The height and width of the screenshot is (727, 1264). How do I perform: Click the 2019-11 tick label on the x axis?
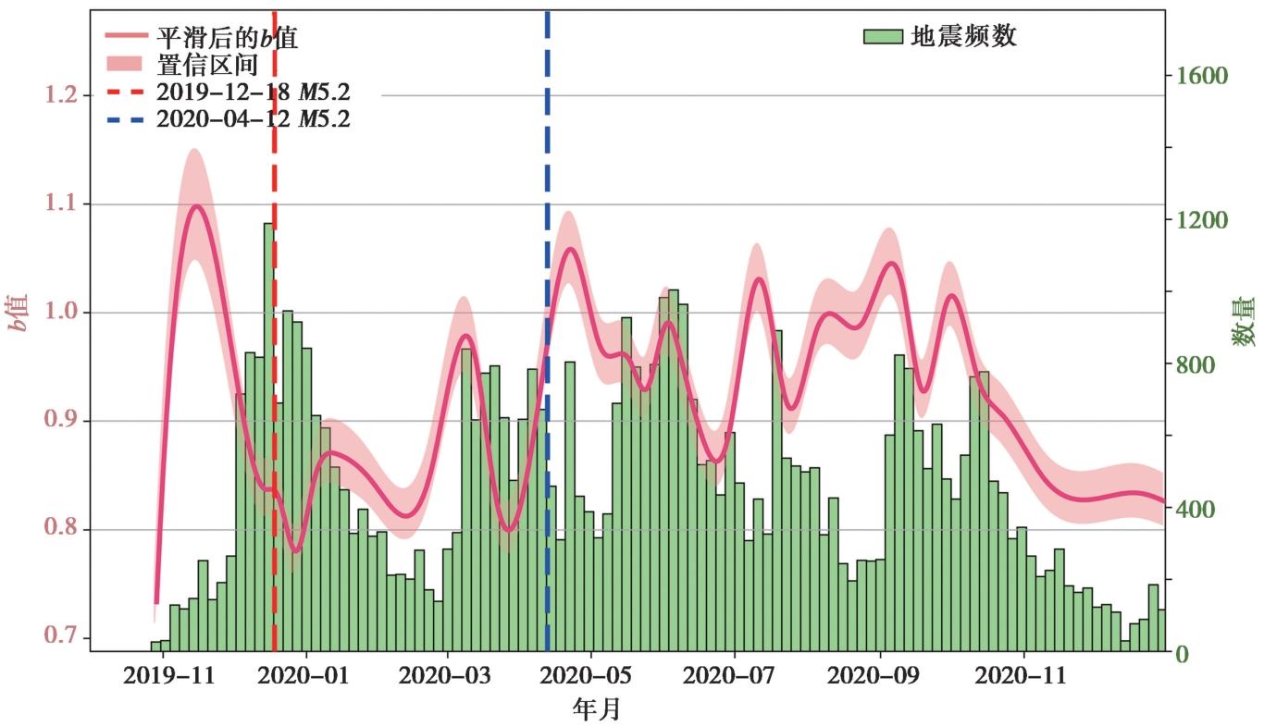168,675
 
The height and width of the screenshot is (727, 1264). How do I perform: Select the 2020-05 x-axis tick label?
585,675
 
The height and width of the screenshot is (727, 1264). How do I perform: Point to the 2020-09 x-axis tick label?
873,675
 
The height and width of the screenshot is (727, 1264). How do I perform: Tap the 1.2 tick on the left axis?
61,94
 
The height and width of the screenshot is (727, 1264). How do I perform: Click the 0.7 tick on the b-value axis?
61,636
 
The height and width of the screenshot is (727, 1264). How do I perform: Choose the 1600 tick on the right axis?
1202,76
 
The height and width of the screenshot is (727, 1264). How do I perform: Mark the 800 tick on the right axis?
1195,365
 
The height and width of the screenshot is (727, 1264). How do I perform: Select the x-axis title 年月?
597,709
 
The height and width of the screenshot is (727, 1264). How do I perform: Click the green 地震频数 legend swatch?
883,37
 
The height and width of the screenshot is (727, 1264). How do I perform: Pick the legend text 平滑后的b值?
227,38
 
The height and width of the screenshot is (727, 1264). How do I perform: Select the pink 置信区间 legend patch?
124,64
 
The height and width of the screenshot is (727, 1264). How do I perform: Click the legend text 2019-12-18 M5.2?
253,92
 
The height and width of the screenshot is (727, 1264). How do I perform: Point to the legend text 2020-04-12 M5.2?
253,118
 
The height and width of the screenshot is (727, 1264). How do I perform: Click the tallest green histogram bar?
268,437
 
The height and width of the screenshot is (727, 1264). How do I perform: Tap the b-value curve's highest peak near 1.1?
196,206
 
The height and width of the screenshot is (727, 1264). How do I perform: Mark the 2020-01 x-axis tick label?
303,675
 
